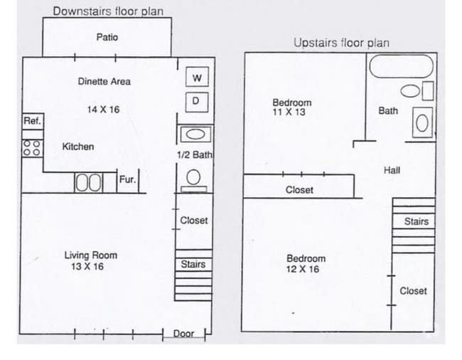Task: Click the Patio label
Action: pos(107,37)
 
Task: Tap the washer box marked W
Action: pos(196,78)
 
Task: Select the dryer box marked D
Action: pos(196,102)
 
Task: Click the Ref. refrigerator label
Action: pos(32,121)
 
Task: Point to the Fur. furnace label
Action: pos(127,180)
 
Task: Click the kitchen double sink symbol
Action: pos(90,182)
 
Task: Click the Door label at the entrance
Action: pos(183,334)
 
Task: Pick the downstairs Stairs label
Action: pos(193,264)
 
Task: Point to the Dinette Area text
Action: pos(104,82)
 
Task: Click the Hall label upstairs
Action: pos(392,170)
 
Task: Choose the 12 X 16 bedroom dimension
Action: pos(303,269)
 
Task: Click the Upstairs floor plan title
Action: pos(341,43)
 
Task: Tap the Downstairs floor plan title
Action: pos(108,11)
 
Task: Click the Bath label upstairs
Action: pos(388,111)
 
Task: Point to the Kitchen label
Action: pos(78,147)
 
